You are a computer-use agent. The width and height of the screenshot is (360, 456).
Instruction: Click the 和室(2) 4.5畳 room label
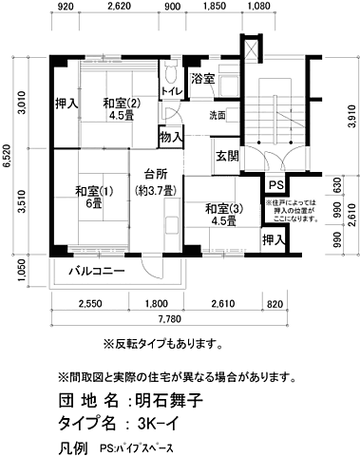click(x=122, y=111)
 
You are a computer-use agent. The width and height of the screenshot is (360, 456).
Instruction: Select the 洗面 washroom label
click(x=218, y=116)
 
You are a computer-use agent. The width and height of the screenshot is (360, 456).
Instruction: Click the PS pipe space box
click(x=275, y=185)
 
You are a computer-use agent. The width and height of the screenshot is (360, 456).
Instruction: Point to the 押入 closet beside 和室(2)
click(x=66, y=104)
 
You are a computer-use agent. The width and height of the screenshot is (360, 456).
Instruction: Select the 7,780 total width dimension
click(x=172, y=317)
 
